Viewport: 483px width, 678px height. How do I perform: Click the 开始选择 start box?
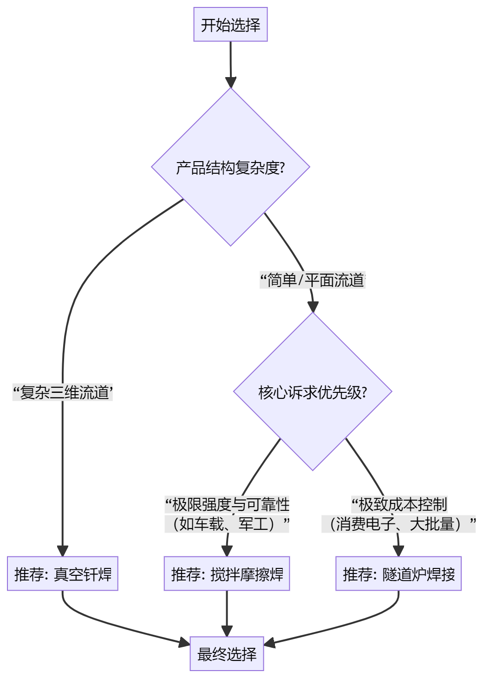tap(230, 25)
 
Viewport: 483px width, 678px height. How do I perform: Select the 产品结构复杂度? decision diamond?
tap(230, 167)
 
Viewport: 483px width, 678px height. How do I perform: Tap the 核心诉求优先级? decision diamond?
tap(313, 392)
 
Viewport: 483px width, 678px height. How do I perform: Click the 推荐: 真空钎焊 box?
tap(63, 574)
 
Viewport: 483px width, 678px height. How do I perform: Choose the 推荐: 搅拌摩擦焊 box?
tap(227, 574)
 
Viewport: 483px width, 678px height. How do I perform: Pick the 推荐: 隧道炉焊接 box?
tap(398, 574)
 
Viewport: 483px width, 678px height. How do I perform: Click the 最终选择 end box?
tap(227, 654)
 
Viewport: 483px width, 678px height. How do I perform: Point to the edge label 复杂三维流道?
tap(63, 393)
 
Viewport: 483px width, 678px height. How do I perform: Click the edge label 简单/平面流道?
tap(313, 280)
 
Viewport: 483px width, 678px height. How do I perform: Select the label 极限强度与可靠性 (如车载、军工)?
tap(227, 514)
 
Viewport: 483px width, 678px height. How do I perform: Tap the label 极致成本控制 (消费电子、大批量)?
tap(398, 514)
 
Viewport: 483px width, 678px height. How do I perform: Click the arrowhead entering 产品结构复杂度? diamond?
tap(230, 83)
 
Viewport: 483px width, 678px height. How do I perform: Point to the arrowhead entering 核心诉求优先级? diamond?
tap(313, 307)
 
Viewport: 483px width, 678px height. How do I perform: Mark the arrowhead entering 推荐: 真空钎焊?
tap(63, 551)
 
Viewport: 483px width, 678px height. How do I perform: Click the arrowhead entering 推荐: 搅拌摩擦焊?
tap(227, 551)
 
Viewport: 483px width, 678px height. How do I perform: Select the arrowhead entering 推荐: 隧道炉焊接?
tap(398, 551)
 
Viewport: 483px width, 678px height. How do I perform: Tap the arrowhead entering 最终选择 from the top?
tap(227, 631)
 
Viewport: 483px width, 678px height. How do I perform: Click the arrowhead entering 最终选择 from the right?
tap(270, 643)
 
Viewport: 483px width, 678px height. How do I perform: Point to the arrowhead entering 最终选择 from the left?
tap(184, 643)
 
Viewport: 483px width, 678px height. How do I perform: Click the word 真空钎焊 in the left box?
tap(83, 574)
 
